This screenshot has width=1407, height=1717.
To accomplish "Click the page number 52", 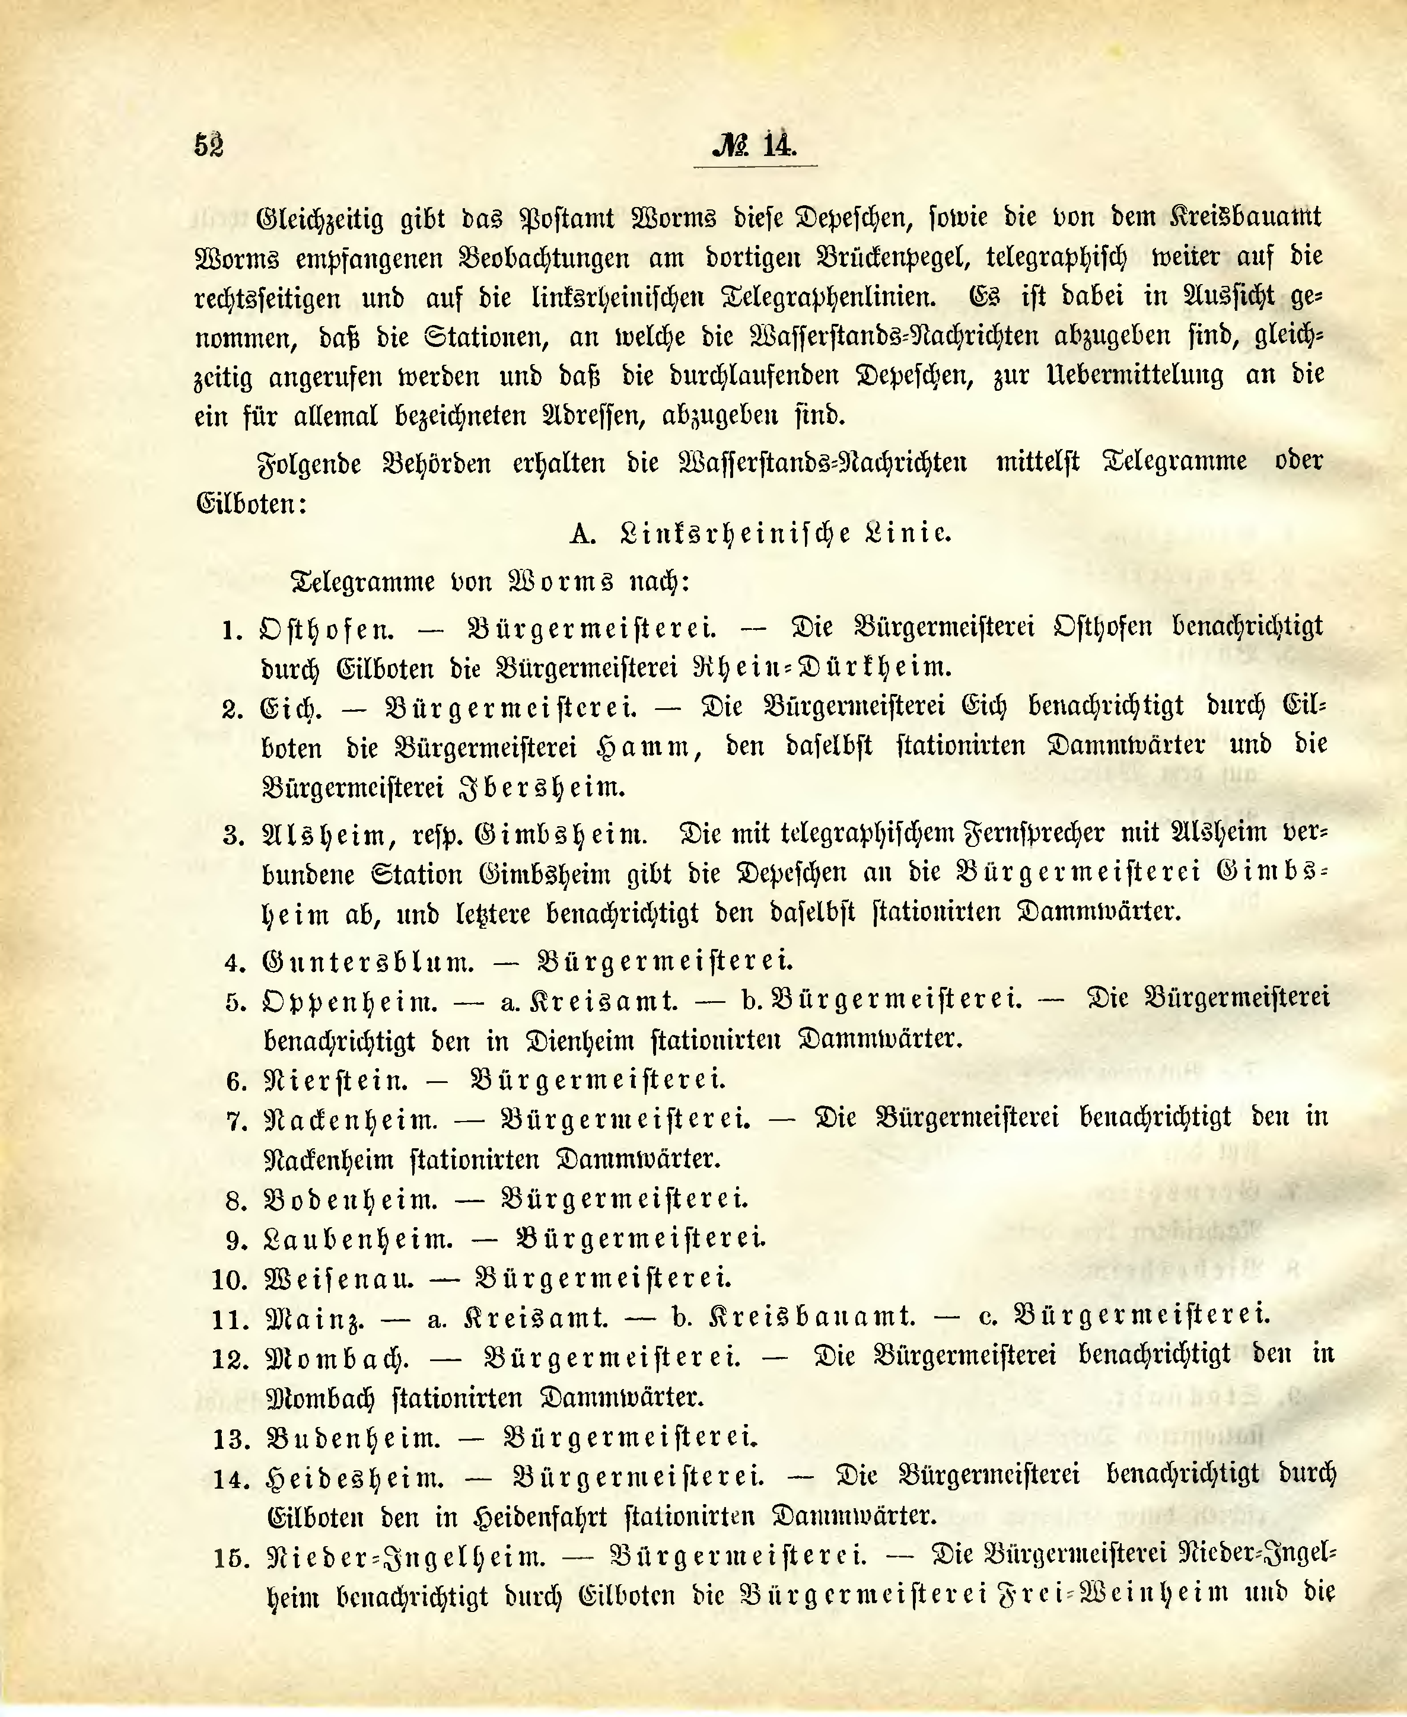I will tap(209, 145).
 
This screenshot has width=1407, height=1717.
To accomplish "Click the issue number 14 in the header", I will tap(779, 145).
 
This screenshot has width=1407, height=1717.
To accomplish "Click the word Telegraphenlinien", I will tap(829, 297).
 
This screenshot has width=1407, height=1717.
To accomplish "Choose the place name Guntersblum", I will tap(368, 962).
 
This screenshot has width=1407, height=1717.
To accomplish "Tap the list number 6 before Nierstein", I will tap(237, 1082).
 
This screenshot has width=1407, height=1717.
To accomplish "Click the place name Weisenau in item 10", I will tap(339, 1279).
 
